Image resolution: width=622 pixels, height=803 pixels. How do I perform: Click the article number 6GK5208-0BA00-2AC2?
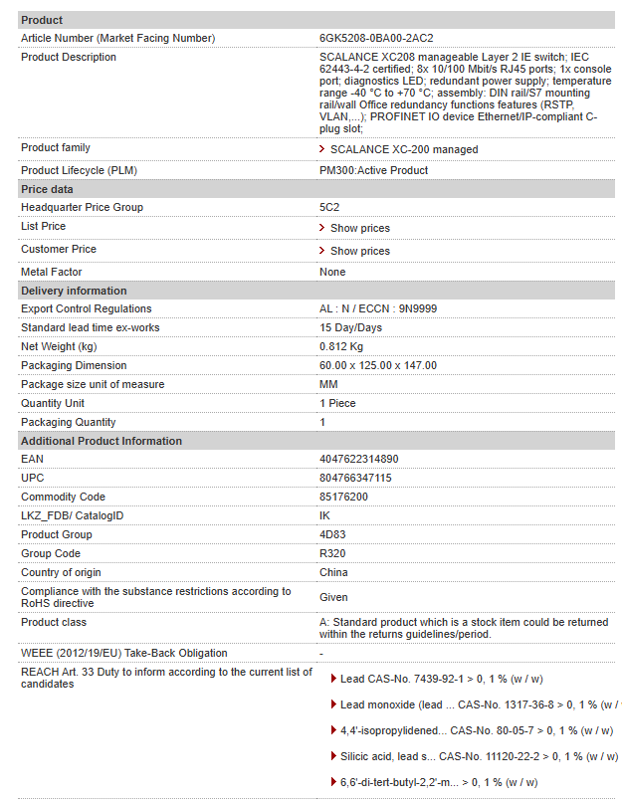click(x=377, y=38)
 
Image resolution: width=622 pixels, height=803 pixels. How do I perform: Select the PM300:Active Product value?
click(x=373, y=170)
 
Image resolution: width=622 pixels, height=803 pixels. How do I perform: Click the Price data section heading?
click(x=47, y=189)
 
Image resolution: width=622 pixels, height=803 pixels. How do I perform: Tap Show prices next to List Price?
click(x=359, y=228)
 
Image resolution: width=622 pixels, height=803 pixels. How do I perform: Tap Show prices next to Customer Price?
click(x=359, y=251)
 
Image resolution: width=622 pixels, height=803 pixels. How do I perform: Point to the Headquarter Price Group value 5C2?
click(x=329, y=207)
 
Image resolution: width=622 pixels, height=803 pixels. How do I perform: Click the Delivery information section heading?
click(x=74, y=291)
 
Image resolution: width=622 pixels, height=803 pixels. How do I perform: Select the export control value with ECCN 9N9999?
click(x=377, y=308)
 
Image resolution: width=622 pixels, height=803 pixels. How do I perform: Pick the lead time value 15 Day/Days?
click(x=350, y=327)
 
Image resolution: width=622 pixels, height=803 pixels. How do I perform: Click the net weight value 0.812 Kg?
click(x=341, y=346)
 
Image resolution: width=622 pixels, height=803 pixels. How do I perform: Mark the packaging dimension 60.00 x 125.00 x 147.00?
click(x=377, y=365)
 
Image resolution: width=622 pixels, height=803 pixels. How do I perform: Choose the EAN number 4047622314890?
click(x=358, y=459)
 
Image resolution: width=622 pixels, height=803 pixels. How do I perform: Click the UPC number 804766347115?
click(x=355, y=478)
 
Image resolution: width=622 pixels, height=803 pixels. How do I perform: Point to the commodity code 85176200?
click(x=343, y=497)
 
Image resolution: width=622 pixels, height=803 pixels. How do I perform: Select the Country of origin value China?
click(x=333, y=572)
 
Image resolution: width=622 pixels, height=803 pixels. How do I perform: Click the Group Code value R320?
click(x=332, y=553)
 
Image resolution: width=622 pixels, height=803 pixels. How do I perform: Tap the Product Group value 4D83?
click(x=332, y=534)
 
